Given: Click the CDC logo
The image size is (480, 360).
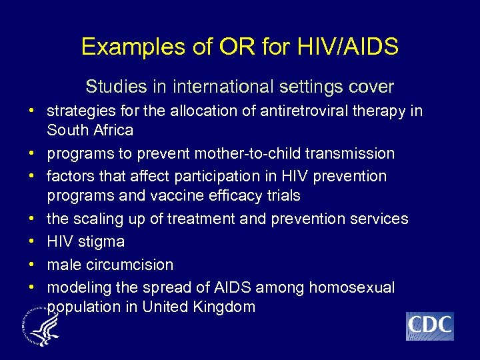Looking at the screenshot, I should pos(429,326).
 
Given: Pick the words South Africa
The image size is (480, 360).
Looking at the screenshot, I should pos(90,130).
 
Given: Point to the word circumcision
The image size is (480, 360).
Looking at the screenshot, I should pos(131,265).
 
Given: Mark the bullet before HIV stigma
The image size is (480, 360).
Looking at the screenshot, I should pos(31,241).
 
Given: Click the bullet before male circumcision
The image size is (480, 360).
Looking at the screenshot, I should pos(31,265).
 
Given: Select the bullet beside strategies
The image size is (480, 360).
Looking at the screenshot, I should pos(31,111).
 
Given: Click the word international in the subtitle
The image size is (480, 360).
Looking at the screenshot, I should pos(223,87).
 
